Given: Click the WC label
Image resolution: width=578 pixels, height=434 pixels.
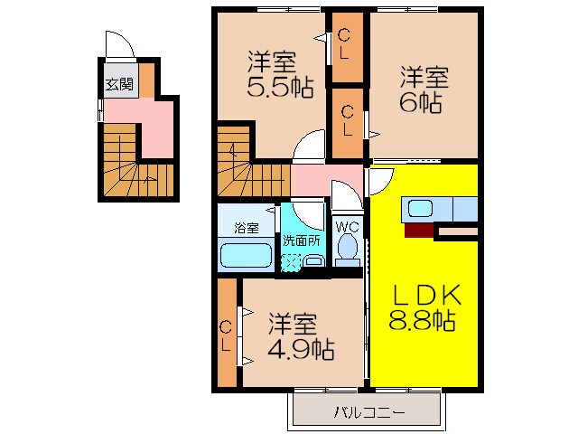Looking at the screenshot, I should tap(348, 226).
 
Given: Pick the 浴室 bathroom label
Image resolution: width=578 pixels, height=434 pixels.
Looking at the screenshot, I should tap(246, 227).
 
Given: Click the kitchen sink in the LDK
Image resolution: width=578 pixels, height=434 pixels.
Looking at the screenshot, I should tap(422, 209).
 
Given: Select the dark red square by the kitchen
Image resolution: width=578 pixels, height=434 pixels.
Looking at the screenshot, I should tap(418, 230).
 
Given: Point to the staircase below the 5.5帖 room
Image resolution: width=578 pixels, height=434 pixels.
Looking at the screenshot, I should tap(248, 163).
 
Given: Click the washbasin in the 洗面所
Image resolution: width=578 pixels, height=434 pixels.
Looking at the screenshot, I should tap(313, 260).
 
